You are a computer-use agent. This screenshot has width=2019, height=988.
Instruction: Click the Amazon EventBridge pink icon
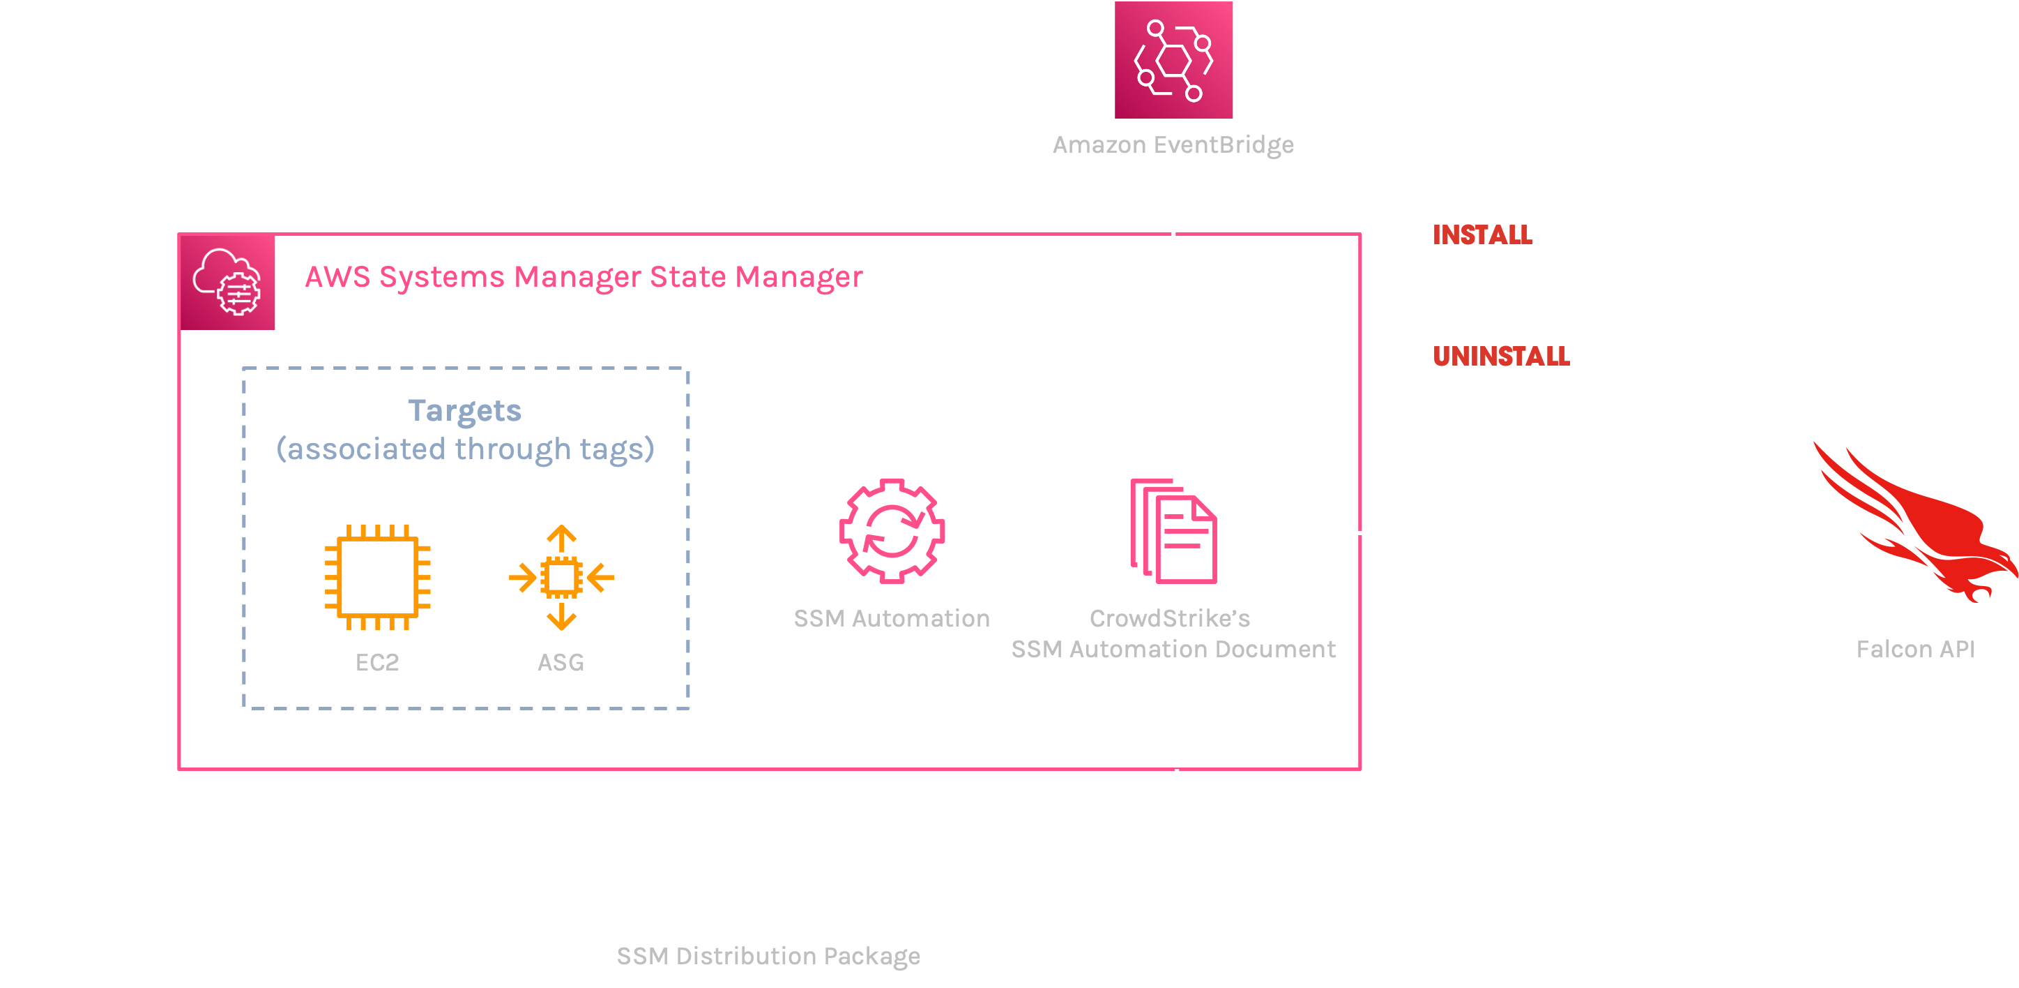pos(1173,59)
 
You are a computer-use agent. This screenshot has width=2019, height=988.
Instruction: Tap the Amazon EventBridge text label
pos(1173,145)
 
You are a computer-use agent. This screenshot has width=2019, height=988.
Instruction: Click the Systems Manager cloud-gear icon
pos(227,283)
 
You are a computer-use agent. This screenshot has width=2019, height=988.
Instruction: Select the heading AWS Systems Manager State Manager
pos(583,277)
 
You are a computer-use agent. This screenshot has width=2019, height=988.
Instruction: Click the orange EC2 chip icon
pos(378,577)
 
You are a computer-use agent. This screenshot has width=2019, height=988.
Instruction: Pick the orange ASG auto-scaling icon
pos(561,578)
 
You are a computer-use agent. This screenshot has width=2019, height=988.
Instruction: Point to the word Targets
pos(465,411)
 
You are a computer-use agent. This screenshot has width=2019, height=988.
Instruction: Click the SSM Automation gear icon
pos(891,531)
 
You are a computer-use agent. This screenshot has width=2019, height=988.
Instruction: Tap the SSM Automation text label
pos(891,619)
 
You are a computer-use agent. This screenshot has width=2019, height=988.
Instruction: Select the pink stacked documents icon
pos(1173,531)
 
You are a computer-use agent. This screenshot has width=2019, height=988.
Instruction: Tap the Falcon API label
pos(1914,650)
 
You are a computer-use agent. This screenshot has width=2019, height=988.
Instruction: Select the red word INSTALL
pos(1482,234)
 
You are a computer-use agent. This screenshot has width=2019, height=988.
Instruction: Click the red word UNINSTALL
pos(1501,356)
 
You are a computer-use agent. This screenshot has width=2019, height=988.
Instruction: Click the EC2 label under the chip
pos(377,663)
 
